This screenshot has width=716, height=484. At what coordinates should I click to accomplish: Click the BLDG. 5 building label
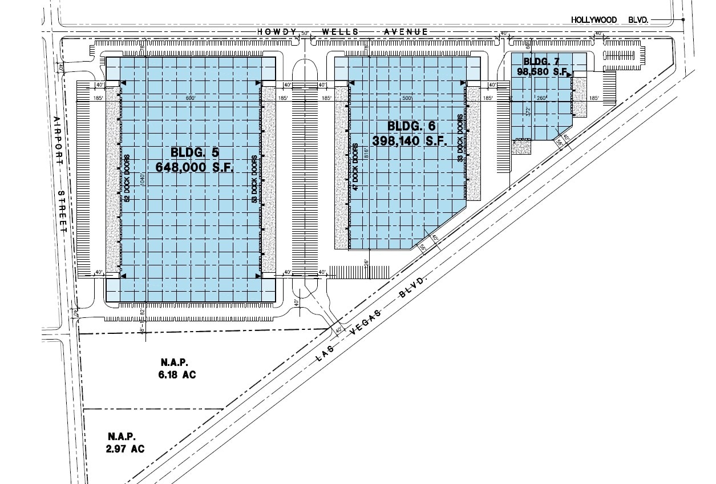click(x=194, y=152)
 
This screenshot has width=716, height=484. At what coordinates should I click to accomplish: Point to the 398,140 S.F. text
click(x=409, y=140)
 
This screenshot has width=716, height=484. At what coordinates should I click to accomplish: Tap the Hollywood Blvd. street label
click(x=610, y=20)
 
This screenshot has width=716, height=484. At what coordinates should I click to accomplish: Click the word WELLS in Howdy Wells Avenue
click(x=341, y=32)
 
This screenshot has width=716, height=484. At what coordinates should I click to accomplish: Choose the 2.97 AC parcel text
click(x=125, y=449)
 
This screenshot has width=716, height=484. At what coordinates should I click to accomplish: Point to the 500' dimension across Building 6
click(x=406, y=99)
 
